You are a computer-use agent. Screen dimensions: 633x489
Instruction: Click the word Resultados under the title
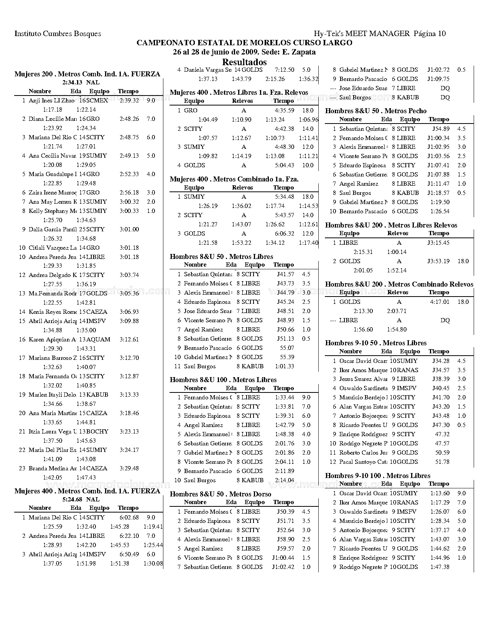coord(244,62)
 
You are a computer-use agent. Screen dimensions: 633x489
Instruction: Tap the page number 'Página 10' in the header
coord(430,33)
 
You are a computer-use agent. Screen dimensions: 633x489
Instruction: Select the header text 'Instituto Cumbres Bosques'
coord(58,33)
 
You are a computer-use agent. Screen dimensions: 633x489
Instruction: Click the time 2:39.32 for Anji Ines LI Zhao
coord(129,101)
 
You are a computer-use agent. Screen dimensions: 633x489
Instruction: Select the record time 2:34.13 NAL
coord(81,82)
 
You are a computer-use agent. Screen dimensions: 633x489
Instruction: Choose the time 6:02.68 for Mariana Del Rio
coord(129,518)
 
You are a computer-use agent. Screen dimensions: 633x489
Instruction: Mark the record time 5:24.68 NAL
coord(81,499)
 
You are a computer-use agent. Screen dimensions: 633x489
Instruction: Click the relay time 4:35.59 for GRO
coord(284,110)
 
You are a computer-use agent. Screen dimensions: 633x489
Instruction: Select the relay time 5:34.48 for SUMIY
coord(284,197)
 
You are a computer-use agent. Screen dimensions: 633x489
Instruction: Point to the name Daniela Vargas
coord(207,70)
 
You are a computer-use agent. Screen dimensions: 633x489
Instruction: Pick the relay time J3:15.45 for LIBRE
coord(438,243)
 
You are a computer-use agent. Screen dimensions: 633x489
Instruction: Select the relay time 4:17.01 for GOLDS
coord(440,302)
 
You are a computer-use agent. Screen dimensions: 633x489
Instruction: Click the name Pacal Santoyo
coord(363,462)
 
